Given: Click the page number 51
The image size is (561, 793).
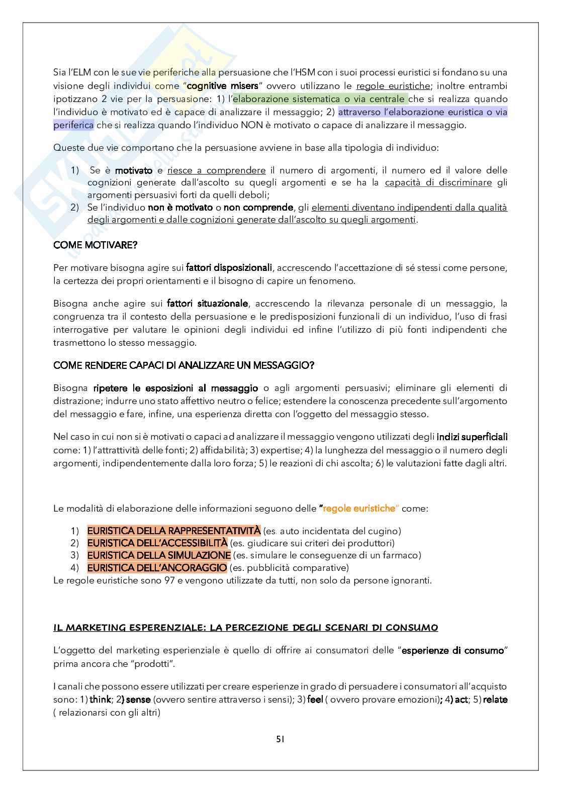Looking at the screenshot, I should point(280,739).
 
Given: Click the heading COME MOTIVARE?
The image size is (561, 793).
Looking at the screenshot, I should point(96,245).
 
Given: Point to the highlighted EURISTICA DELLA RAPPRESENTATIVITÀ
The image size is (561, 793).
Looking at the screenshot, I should point(174,531).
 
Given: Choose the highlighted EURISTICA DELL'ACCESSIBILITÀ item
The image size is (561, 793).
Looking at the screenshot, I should point(157,543).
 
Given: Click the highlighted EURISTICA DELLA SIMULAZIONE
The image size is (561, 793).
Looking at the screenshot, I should point(159,555).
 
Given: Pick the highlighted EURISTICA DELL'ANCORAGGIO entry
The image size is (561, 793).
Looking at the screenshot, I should point(157,568).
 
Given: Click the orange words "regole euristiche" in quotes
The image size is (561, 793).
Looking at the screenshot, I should point(359,508).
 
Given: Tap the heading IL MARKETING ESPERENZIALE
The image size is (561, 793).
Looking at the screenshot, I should point(245,628).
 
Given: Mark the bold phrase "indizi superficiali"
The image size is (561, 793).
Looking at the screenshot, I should point(472,437).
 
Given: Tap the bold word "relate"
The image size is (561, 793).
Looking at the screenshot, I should point(495,700).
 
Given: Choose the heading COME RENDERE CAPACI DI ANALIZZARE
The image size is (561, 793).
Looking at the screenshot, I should point(184,365).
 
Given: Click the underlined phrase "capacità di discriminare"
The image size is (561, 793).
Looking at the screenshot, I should point(438,182).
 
